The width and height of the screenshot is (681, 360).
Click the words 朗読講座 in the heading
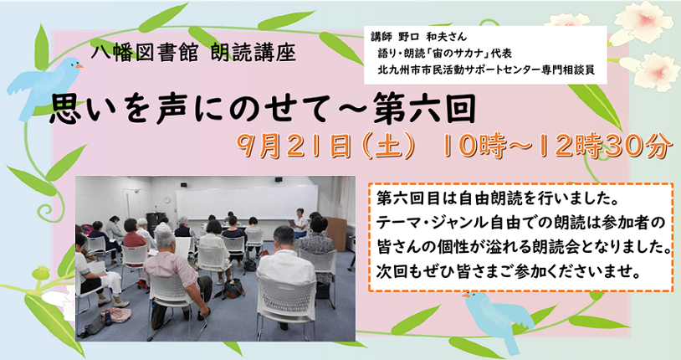click(253, 54)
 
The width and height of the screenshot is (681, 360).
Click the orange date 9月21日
click(294, 146)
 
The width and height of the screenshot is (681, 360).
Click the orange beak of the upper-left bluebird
click(79, 66)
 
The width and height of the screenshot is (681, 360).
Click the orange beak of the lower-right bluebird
click(466, 296)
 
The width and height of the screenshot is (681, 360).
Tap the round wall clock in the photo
click(167, 200)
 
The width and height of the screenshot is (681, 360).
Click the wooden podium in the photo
click(335, 234)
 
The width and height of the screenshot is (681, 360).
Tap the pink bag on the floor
click(116, 314)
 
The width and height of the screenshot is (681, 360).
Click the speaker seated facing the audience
click(300, 223)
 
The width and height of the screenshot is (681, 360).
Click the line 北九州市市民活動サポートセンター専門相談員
click(486, 69)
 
